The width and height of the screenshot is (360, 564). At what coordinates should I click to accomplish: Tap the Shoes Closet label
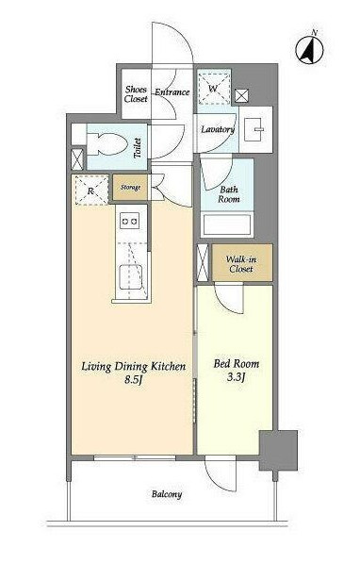(136, 94)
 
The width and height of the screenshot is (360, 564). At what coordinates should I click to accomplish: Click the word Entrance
(172, 92)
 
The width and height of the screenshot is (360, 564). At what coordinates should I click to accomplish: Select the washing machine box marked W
(214, 89)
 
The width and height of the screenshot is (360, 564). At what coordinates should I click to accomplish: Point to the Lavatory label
(218, 129)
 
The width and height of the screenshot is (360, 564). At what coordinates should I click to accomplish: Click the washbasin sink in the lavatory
(255, 129)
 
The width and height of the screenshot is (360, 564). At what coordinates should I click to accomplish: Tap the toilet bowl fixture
(107, 144)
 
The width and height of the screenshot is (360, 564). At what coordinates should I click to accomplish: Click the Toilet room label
(138, 148)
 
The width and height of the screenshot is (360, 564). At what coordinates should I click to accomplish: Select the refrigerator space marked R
(91, 191)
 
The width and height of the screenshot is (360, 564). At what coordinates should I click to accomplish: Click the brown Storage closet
(130, 187)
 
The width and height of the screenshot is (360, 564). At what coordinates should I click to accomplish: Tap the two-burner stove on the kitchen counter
(130, 221)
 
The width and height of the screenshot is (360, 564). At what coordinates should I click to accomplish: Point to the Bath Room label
(228, 194)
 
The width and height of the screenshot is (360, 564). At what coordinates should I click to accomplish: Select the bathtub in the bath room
(227, 224)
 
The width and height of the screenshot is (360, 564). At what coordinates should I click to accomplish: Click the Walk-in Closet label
(241, 264)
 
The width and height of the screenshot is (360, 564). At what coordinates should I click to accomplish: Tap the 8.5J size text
(134, 379)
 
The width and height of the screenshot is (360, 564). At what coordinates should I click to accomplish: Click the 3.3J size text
(236, 377)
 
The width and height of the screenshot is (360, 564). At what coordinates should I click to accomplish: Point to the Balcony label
(167, 494)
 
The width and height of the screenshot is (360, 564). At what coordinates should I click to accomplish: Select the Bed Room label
(236, 364)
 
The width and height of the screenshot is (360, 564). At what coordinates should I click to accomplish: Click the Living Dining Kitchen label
(134, 367)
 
